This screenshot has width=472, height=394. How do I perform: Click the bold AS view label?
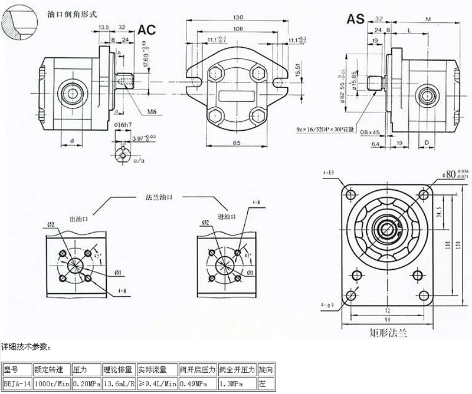tap(355, 18)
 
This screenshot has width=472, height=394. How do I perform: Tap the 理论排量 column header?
tap(119, 370)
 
